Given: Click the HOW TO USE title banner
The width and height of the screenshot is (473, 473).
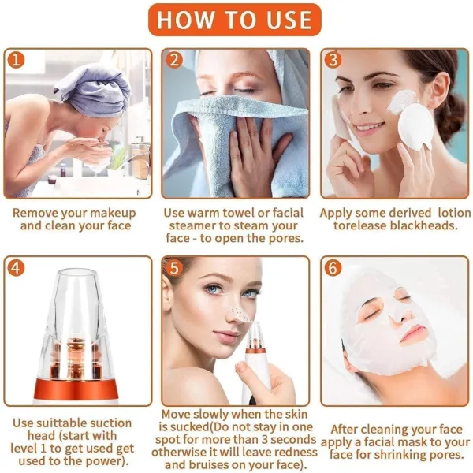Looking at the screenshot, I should [x=236, y=20].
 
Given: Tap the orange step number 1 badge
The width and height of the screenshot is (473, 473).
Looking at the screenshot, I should [x=18, y=61].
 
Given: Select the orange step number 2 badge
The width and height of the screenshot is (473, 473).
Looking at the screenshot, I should [x=175, y=61].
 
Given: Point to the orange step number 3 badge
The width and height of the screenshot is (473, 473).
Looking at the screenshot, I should [x=333, y=61].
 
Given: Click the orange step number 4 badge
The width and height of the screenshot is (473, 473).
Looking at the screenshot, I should [x=18, y=267].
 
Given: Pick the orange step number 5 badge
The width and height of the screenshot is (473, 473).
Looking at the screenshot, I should [x=175, y=267].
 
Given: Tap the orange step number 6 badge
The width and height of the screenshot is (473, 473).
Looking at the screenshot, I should [x=333, y=267].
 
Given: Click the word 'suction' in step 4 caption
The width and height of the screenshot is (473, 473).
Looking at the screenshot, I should [x=115, y=423].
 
